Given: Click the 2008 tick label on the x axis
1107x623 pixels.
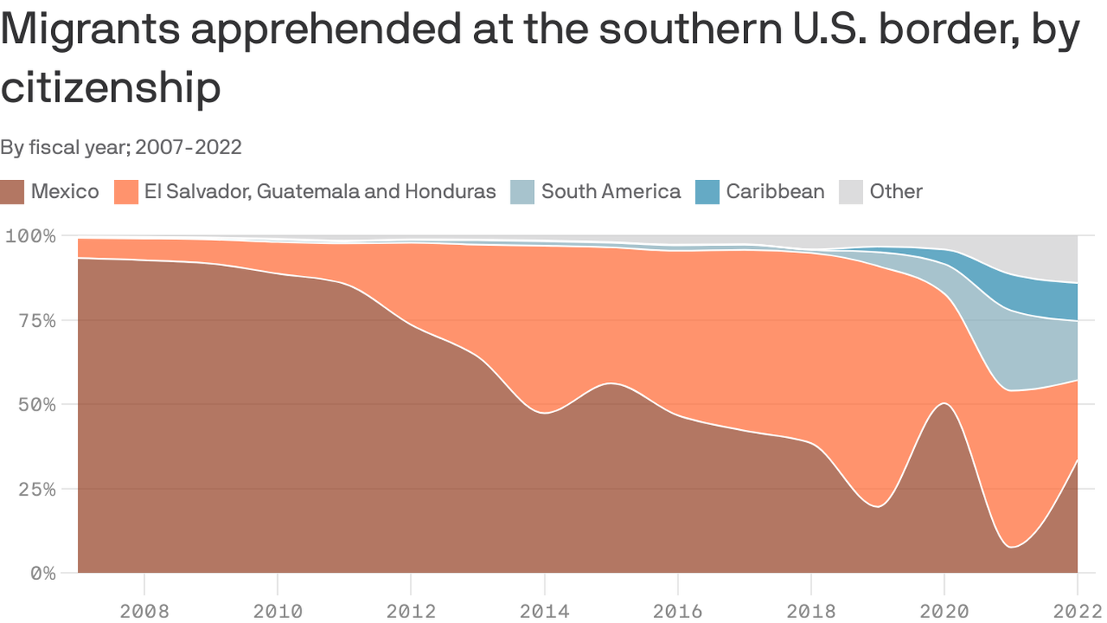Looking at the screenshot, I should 144,609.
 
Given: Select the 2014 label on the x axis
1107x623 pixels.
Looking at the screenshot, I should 545,609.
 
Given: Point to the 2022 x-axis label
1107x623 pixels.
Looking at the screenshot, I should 1077,609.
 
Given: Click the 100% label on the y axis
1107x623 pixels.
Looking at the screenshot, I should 33,236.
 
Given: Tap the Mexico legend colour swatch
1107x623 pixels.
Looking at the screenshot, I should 12,192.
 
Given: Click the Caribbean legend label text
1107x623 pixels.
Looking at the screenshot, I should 775,192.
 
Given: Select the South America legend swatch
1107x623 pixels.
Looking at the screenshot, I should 522,192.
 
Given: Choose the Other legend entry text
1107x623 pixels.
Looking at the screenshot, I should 895,192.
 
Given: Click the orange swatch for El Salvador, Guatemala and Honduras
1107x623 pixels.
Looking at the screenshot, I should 126,192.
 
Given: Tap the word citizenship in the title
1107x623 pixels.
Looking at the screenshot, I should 110,88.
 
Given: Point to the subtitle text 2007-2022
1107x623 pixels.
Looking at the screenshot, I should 188,148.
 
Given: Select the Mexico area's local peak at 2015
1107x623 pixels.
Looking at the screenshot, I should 611,384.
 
